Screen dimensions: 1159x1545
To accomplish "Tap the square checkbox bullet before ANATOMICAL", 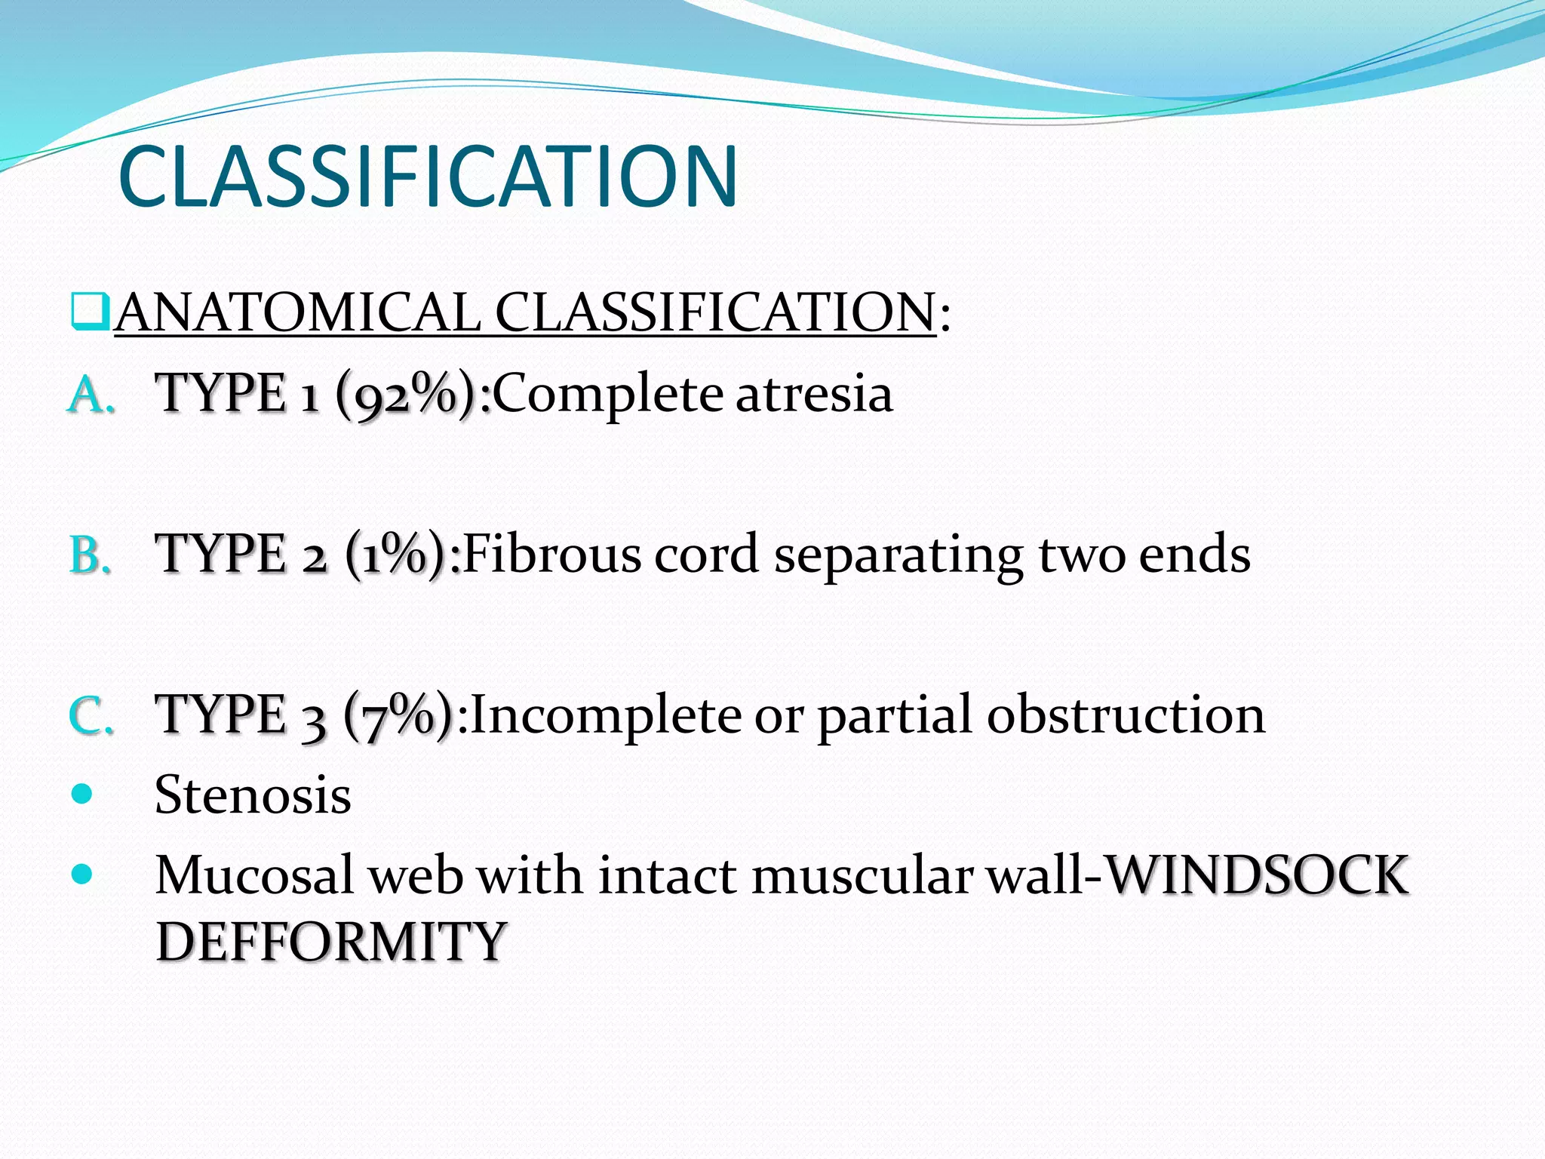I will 91,312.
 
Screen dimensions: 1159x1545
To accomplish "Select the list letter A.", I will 91,395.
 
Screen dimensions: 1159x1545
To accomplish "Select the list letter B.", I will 90,555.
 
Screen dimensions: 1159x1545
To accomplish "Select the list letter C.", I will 91,716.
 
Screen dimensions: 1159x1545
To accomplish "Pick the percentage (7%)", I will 398,716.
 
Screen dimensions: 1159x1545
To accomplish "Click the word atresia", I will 814,395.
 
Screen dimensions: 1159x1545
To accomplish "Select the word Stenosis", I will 253,795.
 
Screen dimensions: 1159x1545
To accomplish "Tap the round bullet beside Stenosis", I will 81,794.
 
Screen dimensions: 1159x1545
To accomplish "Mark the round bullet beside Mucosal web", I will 81,875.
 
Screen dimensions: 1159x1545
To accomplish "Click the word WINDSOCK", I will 1255,876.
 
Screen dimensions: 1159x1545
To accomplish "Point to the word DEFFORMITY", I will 330,942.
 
